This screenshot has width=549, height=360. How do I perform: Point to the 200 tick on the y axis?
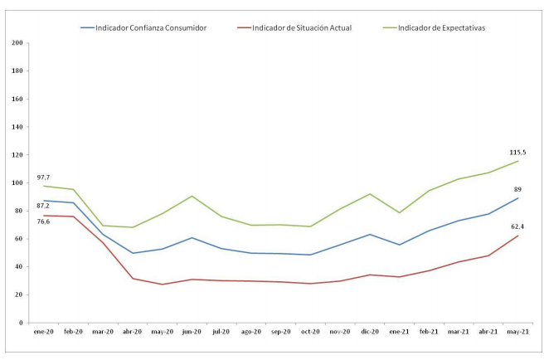click(x=18, y=43)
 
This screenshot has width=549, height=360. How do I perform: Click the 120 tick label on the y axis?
click(x=18, y=155)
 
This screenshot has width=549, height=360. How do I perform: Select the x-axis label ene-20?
click(x=44, y=331)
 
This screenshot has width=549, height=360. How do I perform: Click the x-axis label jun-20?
click(x=192, y=331)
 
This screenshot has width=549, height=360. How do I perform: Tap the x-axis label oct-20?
click(x=310, y=331)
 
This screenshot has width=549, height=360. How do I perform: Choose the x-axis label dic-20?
click(x=370, y=331)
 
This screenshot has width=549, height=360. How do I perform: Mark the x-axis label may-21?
click(x=518, y=331)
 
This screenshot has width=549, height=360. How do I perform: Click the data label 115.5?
click(x=518, y=152)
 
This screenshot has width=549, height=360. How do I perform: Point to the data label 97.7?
click(x=44, y=178)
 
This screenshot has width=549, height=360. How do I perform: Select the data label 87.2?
click(x=41, y=205)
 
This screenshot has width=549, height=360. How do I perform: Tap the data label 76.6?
click(x=43, y=221)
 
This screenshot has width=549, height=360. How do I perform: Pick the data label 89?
click(x=517, y=189)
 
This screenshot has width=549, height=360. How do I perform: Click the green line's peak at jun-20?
click(x=192, y=196)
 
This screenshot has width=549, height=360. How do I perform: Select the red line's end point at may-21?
click(x=518, y=236)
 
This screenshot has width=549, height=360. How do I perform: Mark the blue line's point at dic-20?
click(x=370, y=234)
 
